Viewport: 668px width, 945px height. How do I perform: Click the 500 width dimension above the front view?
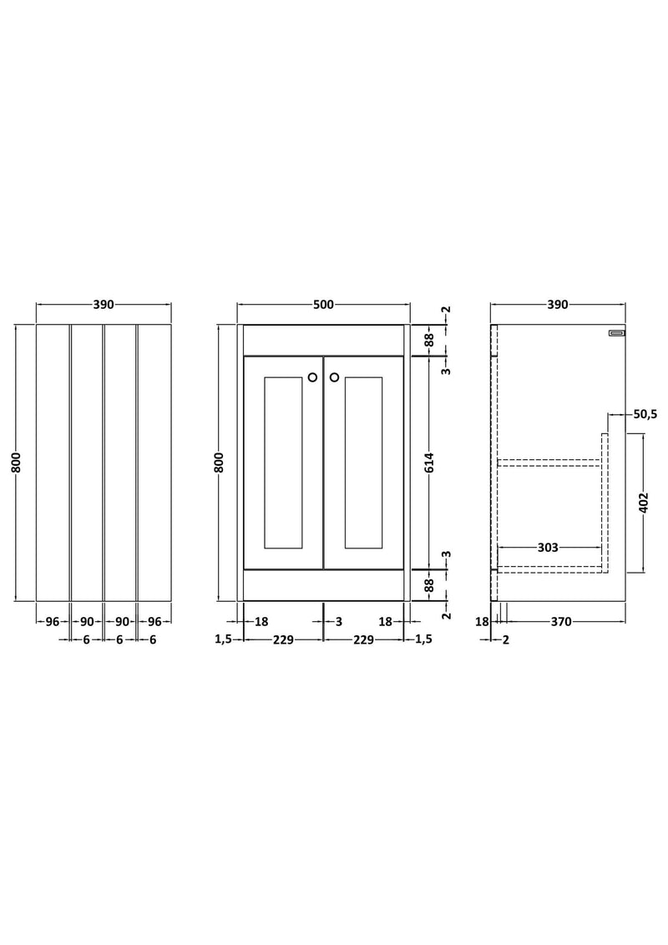[323, 305]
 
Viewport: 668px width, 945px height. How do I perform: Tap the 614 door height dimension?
[428, 462]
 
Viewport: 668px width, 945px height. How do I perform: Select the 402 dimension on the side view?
[643, 503]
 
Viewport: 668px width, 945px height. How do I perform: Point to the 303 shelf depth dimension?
[548, 548]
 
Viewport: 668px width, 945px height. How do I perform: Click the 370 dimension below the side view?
[560, 621]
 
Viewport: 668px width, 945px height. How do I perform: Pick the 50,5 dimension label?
[645, 414]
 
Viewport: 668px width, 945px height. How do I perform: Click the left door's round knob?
[312, 377]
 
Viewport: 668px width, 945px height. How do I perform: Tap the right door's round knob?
[334, 377]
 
